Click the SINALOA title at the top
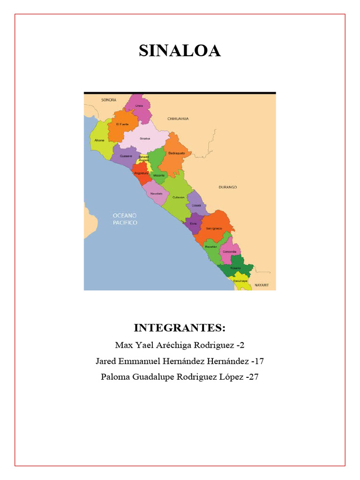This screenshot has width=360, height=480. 180,51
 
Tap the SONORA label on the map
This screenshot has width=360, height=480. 108,100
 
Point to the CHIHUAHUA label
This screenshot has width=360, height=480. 178,119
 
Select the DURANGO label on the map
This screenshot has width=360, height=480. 228,187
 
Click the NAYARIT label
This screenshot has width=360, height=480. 262,285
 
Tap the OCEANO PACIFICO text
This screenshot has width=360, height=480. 125,219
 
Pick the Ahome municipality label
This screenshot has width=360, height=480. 99,140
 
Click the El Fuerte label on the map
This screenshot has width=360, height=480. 122,124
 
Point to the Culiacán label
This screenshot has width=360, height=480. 179,197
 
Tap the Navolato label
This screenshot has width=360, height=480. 156,193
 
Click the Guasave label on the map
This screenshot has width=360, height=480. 126,156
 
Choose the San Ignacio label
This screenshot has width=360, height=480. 214,228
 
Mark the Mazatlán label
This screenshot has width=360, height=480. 210,246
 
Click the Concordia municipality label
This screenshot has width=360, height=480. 229,251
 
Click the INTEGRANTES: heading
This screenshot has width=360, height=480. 180,327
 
